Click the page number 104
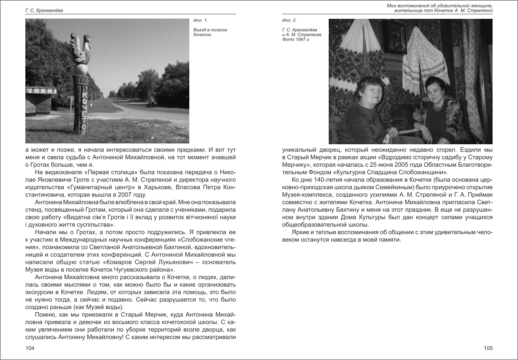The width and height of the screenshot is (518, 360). pyautogui.click(x=29, y=348)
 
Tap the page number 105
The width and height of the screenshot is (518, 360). pyautogui.click(x=488, y=348)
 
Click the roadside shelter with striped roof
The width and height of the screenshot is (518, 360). pyautogui.click(x=41, y=98)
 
